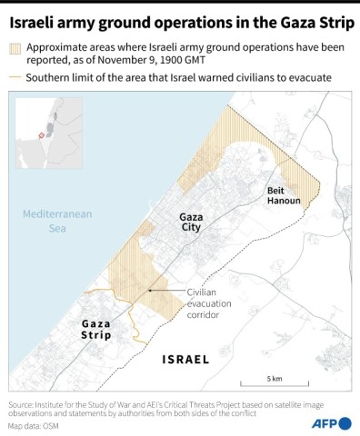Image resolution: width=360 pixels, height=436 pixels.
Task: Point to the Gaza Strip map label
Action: [x=96, y=329]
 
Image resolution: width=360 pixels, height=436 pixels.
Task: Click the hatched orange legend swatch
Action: [x=15, y=51]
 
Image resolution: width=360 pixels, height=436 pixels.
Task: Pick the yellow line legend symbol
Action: [x=15, y=78]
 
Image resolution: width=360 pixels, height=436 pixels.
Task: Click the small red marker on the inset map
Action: [x=40, y=135]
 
